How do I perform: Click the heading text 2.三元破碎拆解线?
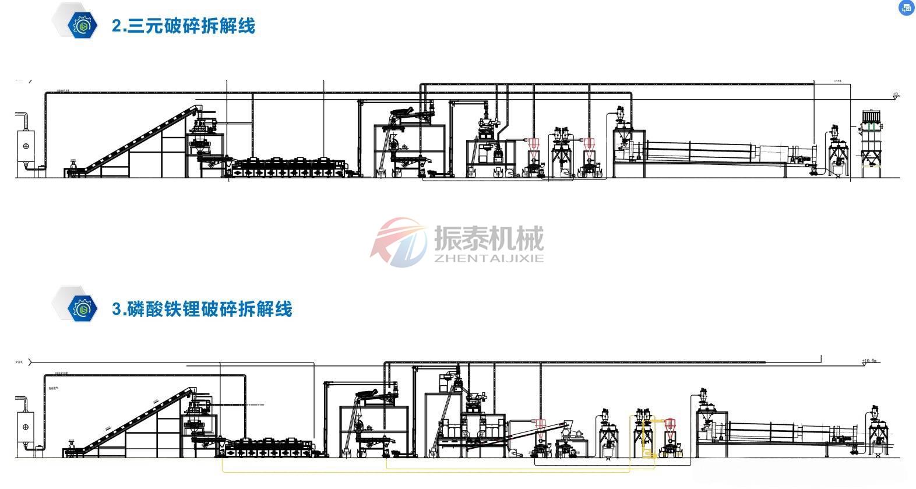point(183,26)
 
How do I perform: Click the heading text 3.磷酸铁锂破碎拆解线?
point(202,309)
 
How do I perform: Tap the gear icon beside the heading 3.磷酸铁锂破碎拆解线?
point(81,308)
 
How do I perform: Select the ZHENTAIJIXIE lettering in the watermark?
point(488,258)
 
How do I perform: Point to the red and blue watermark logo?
point(399,242)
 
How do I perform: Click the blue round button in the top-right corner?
point(907,8)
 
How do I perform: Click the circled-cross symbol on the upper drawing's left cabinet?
point(26,146)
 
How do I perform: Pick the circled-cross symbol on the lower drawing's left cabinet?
point(26,427)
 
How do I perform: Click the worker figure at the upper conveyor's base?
point(73,167)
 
